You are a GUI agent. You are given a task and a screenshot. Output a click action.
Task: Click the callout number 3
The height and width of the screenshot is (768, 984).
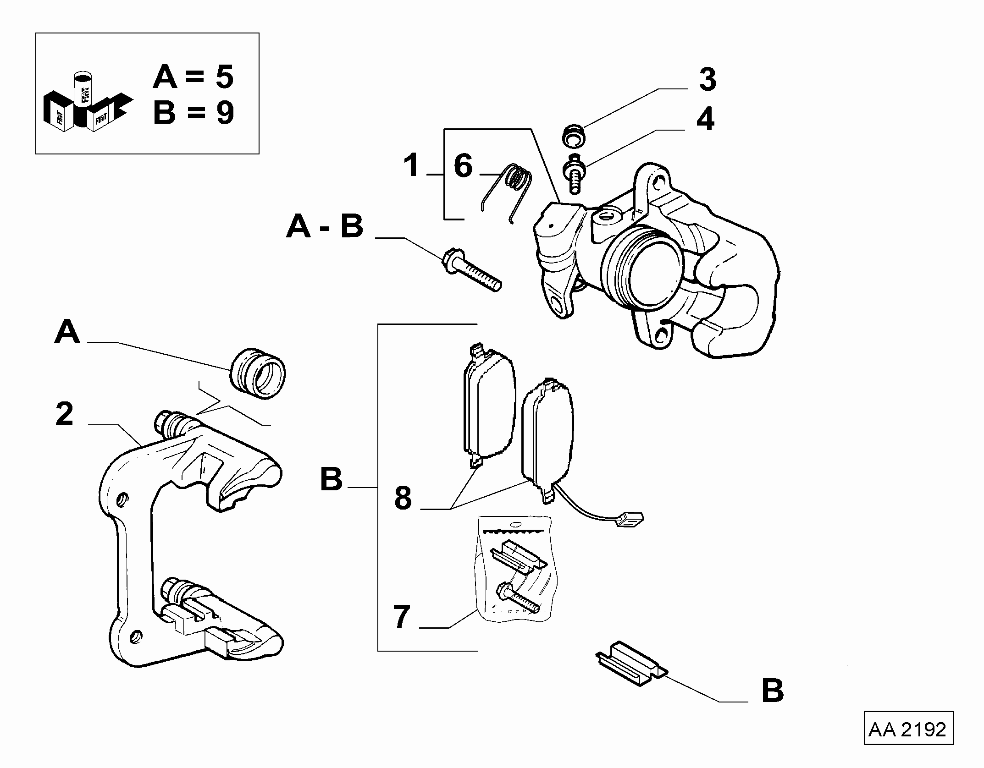point(708,79)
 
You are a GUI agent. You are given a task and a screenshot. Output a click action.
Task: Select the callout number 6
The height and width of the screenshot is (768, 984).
point(463,166)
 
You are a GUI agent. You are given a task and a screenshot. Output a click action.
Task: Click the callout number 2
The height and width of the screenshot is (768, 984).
point(65,414)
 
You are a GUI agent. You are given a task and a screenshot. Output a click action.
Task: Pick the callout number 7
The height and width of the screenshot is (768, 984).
point(402,617)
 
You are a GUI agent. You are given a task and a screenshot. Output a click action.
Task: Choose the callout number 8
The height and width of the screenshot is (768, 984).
point(403,498)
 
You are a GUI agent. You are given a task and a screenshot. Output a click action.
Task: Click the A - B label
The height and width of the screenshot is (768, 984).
point(325,226)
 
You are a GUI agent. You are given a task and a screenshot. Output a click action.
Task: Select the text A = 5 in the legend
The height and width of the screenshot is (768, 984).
point(193,77)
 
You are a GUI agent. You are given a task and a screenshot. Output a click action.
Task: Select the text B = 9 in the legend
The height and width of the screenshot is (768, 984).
point(193,113)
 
